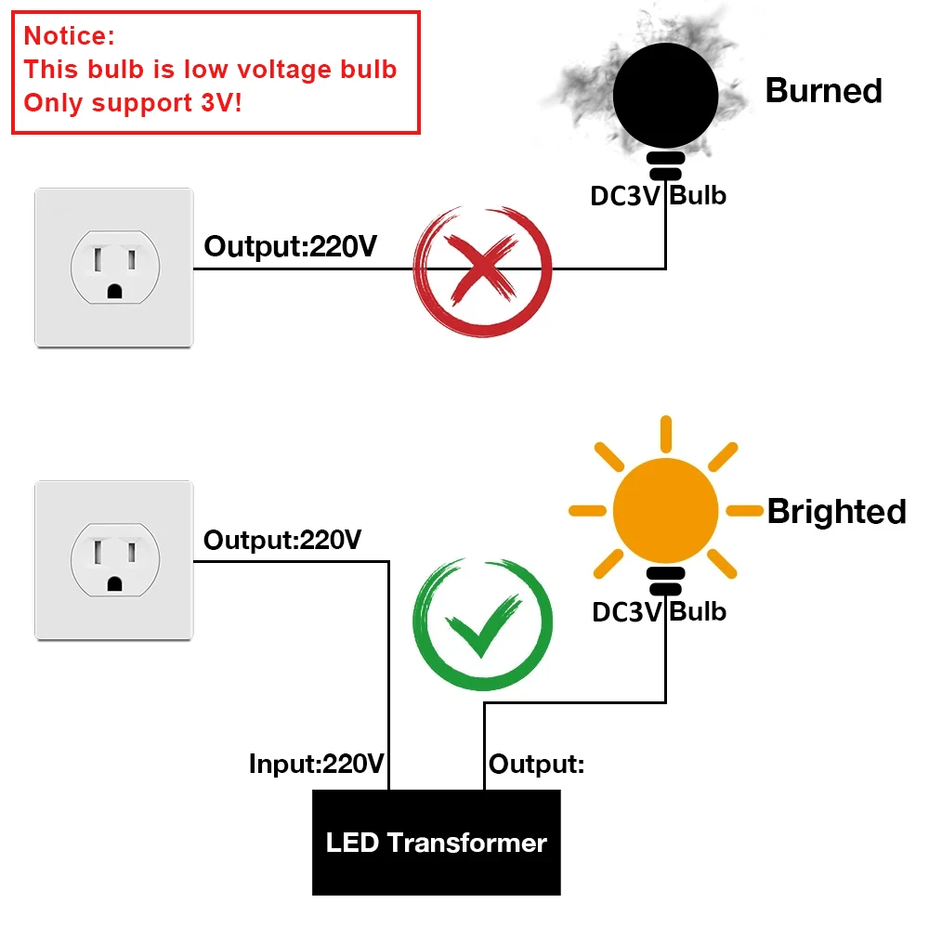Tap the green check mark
pyautogui.click(x=483, y=624)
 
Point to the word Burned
pyautogui.click(x=823, y=91)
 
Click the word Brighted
pyautogui.click(x=836, y=512)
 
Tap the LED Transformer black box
pyautogui.click(x=437, y=843)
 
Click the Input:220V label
pyautogui.click(x=316, y=765)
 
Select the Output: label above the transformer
pyautogui.click(x=537, y=765)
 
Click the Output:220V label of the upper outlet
pyautogui.click(x=290, y=247)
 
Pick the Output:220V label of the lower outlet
pyautogui.click(x=282, y=540)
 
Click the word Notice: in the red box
pyautogui.click(x=70, y=36)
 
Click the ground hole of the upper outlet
pyautogui.click(x=114, y=290)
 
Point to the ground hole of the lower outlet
pyautogui.click(x=114, y=583)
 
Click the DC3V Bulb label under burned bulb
pyautogui.click(x=659, y=196)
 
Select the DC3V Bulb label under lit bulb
pyautogui.click(x=659, y=611)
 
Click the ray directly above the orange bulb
pyautogui.click(x=666, y=435)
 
